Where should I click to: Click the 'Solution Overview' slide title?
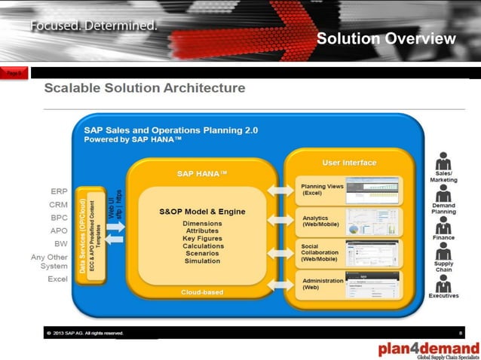click(386, 39)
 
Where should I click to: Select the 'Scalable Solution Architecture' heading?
click(145, 88)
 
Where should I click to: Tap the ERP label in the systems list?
click(59, 191)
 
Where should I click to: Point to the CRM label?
click(59, 204)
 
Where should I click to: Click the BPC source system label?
click(59, 218)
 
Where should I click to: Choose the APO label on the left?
click(59, 230)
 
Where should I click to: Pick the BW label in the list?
click(60, 243)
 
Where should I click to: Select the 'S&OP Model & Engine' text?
click(202, 212)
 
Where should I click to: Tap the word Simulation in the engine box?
click(202, 261)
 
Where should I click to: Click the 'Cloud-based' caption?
click(201, 291)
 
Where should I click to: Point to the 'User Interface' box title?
click(349, 162)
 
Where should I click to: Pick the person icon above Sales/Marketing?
click(443, 162)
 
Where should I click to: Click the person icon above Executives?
click(443, 285)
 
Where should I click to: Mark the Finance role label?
click(443, 237)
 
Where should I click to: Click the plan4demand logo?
click(428, 348)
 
